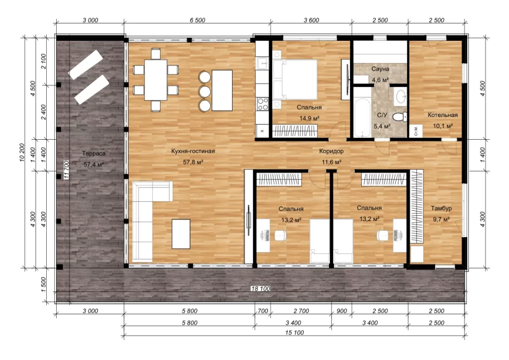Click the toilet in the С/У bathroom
[400, 116]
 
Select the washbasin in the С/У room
[401, 96]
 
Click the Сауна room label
[380, 69]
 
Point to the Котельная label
[442, 115]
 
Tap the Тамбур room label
[441, 208]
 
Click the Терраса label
[93, 153]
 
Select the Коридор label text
[331, 151]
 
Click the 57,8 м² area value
[193, 162]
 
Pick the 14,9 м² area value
[309, 118]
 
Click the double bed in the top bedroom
[295, 80]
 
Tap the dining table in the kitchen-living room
[156, 80]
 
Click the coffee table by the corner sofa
[181, 234]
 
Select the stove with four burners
[262, 104]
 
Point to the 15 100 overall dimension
[294, 333]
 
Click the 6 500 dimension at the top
[197, 20]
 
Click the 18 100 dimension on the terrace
[260, 288]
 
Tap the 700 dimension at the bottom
[262, 311]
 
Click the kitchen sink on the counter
[262, 63]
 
